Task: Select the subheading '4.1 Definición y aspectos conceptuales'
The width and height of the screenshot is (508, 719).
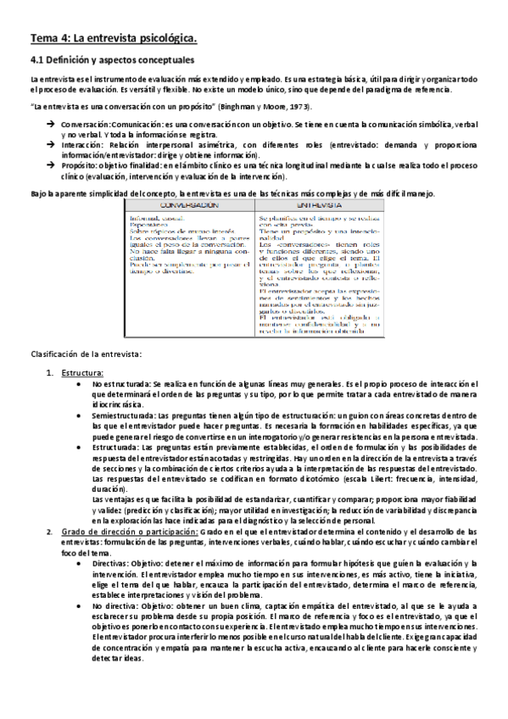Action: coord(113,61)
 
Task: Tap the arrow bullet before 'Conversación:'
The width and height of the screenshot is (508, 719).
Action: coord(52,124)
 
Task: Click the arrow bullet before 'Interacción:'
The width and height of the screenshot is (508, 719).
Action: coord(52,145)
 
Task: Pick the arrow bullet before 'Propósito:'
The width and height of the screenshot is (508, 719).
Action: coord(52,166)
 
